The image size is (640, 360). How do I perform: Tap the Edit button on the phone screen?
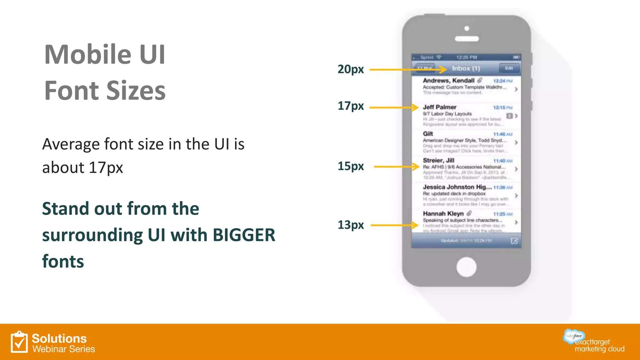[x=509, y=68]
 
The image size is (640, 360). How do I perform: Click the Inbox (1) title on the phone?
[x=466, y=68]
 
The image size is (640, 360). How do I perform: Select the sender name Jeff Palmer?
[x=439, y=107]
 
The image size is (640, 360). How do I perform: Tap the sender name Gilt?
[x=428, y=134]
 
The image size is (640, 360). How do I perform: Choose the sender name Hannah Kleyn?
[x=443, y=214]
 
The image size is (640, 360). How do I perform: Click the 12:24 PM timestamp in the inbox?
[x=502, y=81]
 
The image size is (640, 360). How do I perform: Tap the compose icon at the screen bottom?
[x=514, y=241]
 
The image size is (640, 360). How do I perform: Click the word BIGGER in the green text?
[x=244, y=235]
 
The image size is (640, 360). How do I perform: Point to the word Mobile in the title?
[x=88, y=54]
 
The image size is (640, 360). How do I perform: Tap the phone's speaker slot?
[x=467, y=39]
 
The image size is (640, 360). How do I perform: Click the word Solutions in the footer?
[x=59, y=338]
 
